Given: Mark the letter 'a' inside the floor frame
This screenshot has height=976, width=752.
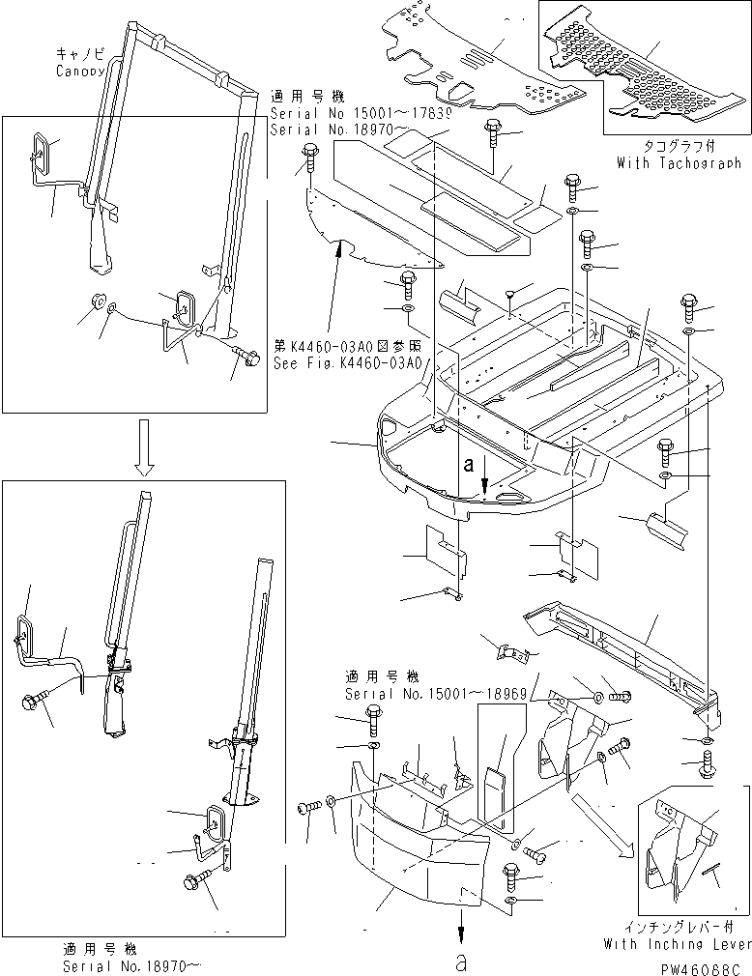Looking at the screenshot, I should click(469, 464).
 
